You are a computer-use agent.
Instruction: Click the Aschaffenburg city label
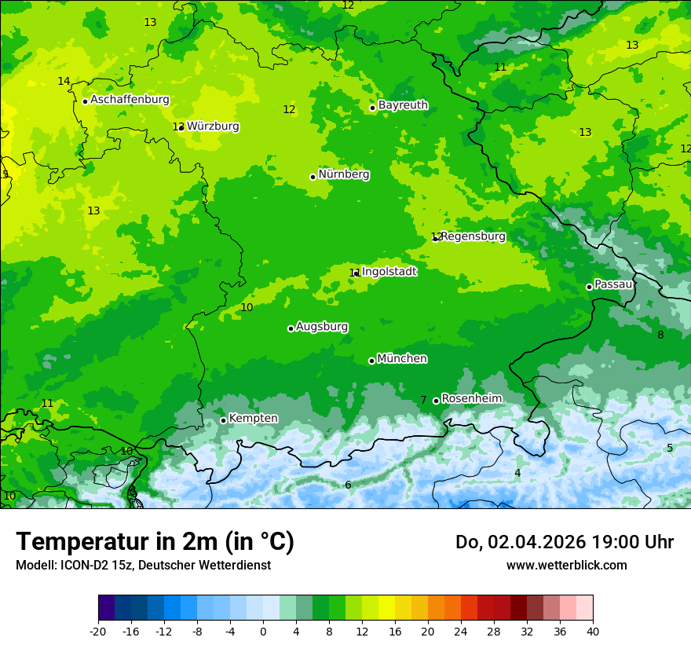pos(130,100)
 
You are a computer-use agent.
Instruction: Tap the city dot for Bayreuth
pos(372,108)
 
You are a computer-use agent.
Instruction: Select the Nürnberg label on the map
pos(344,174)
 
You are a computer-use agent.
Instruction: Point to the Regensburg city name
pos(473,236)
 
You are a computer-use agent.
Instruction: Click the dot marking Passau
pos(589,287)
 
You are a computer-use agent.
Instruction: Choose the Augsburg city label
pos(322,327)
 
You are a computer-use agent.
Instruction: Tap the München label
pos(402,359)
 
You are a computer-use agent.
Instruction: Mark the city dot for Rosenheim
pos(436,401)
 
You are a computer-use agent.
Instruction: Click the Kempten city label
pos(253,418)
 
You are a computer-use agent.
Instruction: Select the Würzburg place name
pos(213,126)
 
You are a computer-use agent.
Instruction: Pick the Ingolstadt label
pos(389,272)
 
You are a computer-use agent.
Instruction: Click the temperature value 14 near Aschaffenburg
pos(64,82)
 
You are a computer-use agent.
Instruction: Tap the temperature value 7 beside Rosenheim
pos(423,401)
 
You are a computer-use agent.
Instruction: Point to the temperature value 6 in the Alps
pos(348,485)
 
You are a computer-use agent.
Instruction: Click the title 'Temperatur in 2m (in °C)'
pos(155,542)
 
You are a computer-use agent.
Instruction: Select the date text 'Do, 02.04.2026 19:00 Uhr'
pos(564,542)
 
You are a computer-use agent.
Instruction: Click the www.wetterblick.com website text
pos(566,566)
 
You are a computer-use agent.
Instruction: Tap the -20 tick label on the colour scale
pos(98,631)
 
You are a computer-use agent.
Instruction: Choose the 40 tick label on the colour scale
pos(592,631)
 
